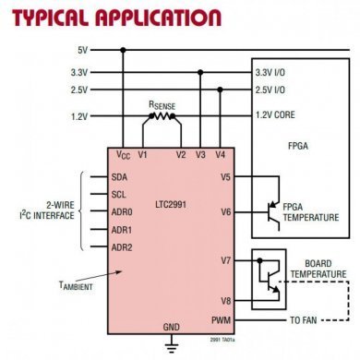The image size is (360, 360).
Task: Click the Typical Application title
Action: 111,18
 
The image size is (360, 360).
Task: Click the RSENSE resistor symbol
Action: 162,117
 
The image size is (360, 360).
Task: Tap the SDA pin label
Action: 120,177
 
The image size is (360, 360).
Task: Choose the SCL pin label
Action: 119,195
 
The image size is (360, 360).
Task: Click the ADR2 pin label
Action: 122,247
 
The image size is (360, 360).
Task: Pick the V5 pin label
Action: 222,177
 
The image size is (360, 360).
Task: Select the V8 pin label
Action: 222,300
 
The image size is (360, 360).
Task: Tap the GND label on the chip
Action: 170,327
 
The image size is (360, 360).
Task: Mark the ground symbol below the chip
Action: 170,347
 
